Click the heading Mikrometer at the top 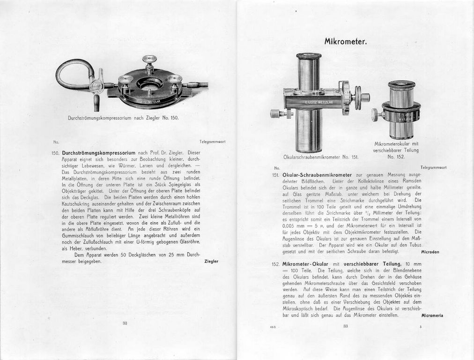(345, 41)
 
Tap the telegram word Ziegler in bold (211, 261)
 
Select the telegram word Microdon (430, 252)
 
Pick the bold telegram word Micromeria (429, 315)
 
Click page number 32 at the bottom (125, 323)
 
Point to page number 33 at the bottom (346, 326)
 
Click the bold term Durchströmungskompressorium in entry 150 (98, 153)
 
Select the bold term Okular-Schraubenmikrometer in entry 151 (317, 175)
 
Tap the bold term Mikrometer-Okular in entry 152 (305, 264)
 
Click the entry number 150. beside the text (56, 153)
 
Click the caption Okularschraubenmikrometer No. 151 (321, 157)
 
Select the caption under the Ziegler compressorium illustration (123, 118)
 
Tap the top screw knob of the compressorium (149, 60)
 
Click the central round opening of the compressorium (149, 86)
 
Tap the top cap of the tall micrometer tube (309, 56)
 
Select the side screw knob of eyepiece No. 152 (376, 114)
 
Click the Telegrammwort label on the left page (212, 142)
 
